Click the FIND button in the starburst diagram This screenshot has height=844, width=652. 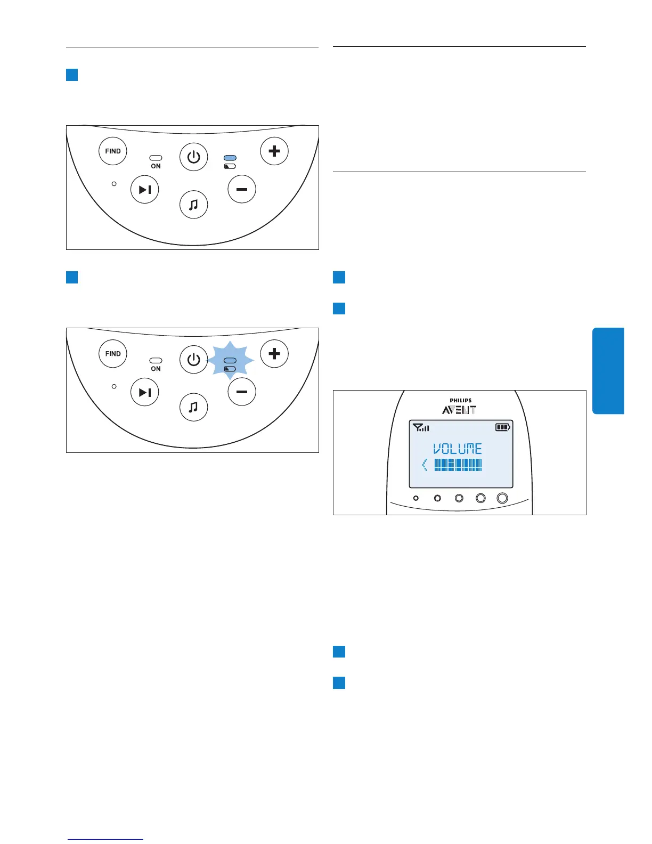click(113, 353)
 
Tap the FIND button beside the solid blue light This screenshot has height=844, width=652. click(113, 151)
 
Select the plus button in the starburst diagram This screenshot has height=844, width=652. click(274, 353)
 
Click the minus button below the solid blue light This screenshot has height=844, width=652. click(242, 189)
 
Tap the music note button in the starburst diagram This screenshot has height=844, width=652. click(194, 407)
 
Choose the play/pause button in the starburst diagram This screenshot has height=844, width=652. click(145, 392)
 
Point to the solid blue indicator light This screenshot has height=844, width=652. click(230, 158)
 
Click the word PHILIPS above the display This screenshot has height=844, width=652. click(460, 401)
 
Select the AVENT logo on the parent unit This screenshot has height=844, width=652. click(459, 410)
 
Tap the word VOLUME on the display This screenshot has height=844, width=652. click(458, 449)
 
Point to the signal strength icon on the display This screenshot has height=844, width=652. click(421, 427)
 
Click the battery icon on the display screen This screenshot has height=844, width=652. click(503, 427)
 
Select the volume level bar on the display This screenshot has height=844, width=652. click(458, 465)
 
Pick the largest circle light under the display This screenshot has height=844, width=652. click(502, 498)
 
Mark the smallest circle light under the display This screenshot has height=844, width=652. click(416, 498)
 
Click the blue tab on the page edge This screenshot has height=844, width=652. click(608, 371)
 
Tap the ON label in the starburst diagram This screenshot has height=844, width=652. click(156, 369)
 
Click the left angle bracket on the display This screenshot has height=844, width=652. click(425, 465)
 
